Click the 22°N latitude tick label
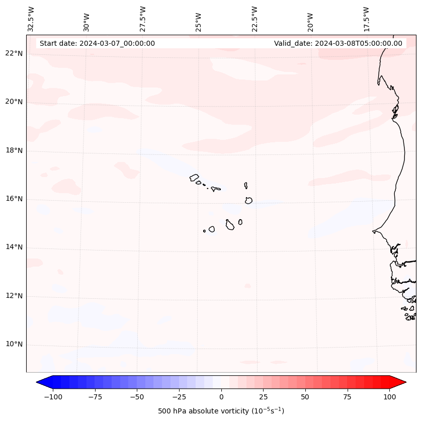coord(14,53)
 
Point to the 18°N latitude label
coord(14,150)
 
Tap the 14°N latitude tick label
coord(14,247)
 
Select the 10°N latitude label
coord(14,345)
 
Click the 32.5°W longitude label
coord(31,19)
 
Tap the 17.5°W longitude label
coord(366,19)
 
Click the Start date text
coord(97,43)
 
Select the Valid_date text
coord(338,43)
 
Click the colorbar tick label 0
coord(221,397)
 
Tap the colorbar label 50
coord(305,397)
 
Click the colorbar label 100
coord(389,397)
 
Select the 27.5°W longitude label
coord(143,19)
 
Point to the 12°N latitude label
coord(14,296)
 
